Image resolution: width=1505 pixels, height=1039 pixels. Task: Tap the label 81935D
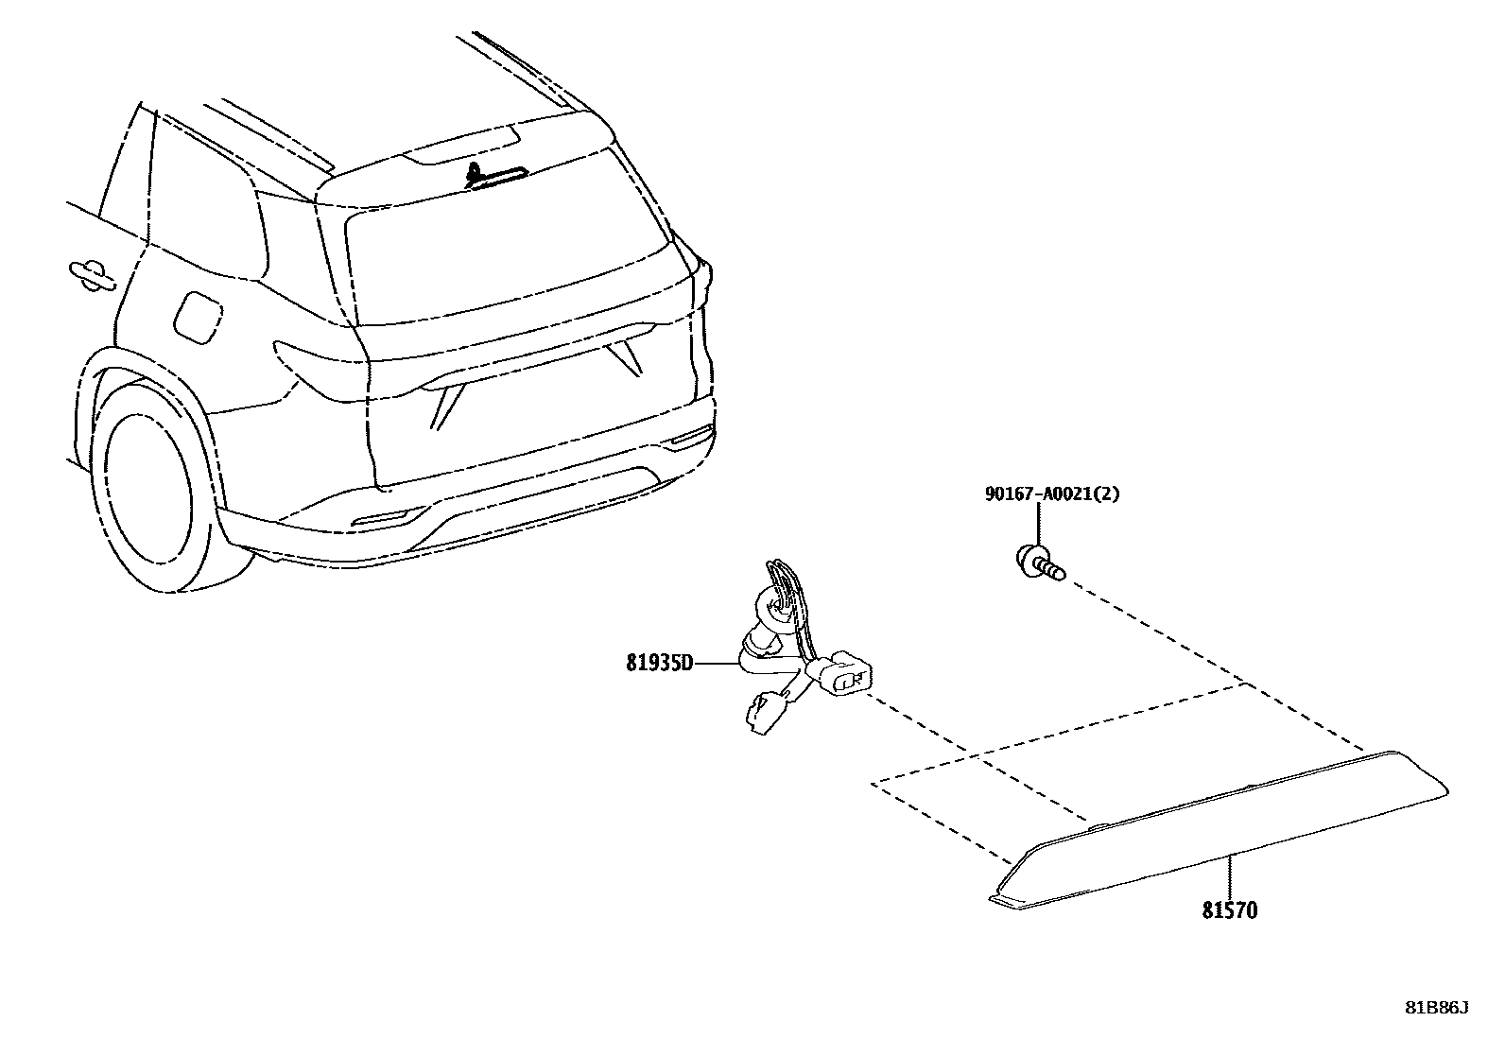[659, 663]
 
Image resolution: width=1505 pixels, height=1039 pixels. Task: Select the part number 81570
[1230, 910]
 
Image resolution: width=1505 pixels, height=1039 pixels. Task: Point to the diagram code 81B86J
[1436, 1008]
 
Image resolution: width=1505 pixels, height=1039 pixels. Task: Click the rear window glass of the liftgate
[510, 265]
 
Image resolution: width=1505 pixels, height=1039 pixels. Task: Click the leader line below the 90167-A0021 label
[1040, 525]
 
